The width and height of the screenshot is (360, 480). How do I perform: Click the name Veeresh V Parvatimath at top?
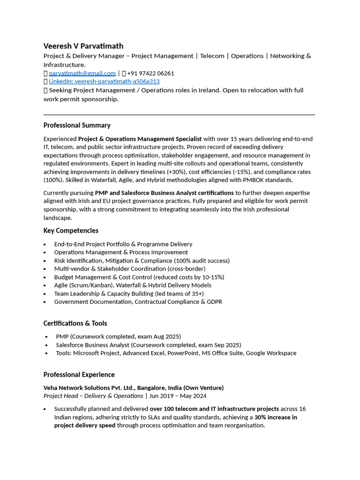tap(83, 46)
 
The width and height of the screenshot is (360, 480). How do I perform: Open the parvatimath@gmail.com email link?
tap(82, 73)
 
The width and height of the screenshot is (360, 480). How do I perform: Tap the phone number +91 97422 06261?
tap(150, 73)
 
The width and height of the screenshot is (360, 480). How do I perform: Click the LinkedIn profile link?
tap(104, 81)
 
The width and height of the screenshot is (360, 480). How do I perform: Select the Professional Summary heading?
tap(77, 125)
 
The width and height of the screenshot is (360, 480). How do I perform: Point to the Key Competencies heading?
tap(71, 231)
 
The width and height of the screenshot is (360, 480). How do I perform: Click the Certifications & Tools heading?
tap(75, 323)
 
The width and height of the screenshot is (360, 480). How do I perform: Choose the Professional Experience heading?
tap(79, 375)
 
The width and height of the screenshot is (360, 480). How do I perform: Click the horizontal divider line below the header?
tap(179, 114)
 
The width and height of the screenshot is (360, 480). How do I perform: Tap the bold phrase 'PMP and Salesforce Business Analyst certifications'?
tap(164, 193)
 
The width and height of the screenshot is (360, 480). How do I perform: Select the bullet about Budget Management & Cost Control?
tap(139, 277)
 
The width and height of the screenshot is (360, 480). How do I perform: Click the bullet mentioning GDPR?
tap(138, 302)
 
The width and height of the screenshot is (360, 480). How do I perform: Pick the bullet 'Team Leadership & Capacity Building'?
tap(128, 293)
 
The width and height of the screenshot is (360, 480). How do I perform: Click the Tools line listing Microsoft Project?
tap(176, 353)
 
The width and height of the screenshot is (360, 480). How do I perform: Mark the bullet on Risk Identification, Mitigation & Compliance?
tap(142, 261)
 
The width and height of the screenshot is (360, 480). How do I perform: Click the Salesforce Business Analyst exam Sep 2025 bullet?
tap(148, 345)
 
